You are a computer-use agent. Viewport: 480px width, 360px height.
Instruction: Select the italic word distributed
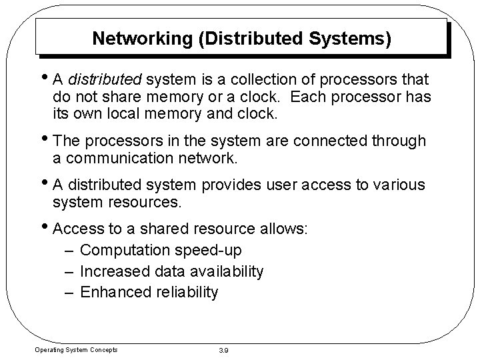pyautogui.click(x=104, y=81)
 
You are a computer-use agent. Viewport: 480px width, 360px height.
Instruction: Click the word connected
pyautogui.click(x=338, y=142)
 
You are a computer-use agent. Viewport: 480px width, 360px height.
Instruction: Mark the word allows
pyautogui.click(x=283, y=229)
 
